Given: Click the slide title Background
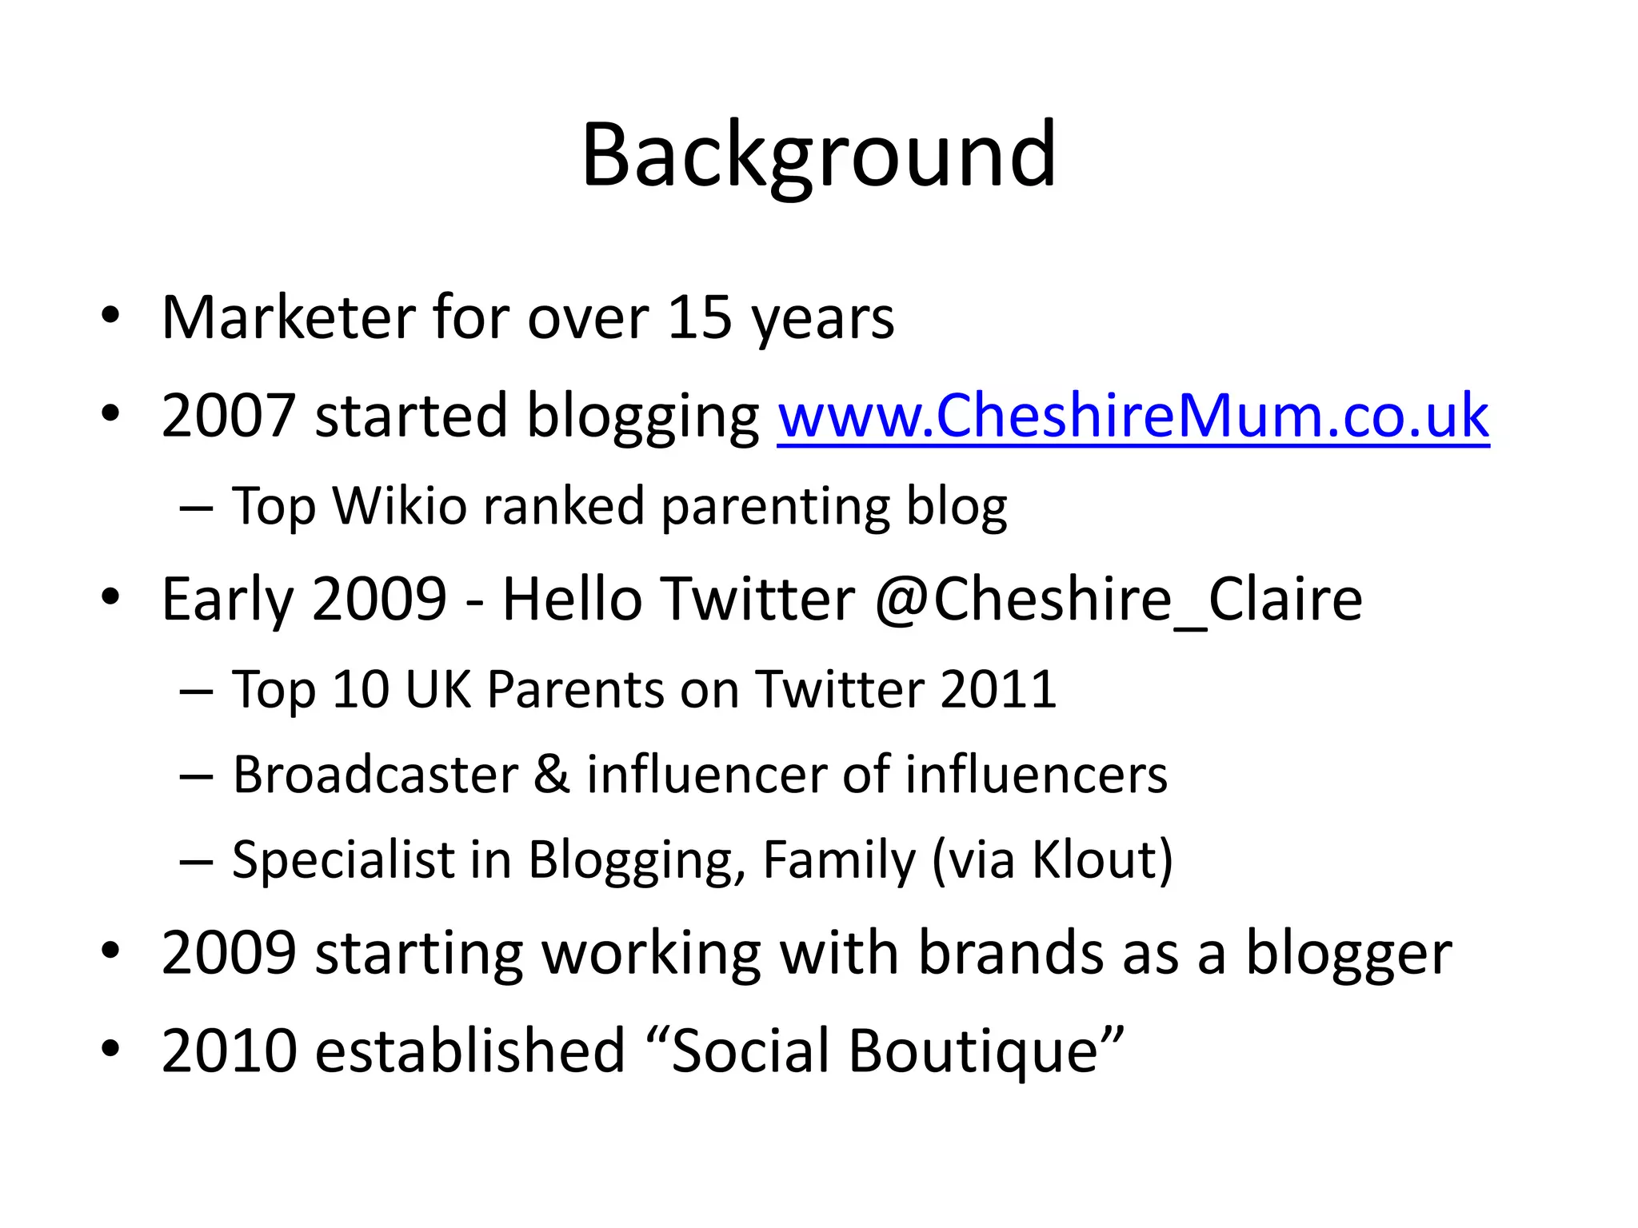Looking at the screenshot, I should tap(819, 155).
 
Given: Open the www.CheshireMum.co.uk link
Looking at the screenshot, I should tap(1133, 416).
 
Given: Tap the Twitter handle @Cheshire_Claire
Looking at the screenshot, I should tap(1118, 600).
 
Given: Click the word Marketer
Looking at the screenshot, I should tap(288, 318).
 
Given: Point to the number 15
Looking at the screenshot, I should tap(699, 318).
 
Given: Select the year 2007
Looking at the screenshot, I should tap(229, 416).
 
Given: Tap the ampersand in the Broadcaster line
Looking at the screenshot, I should tap(552, 775).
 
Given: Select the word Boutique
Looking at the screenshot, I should tap(973, 1051).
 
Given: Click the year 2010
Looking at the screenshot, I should tap(229, 1051).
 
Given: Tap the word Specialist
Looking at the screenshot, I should tap(343, 860).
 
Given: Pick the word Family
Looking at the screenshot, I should tap(838, 860).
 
